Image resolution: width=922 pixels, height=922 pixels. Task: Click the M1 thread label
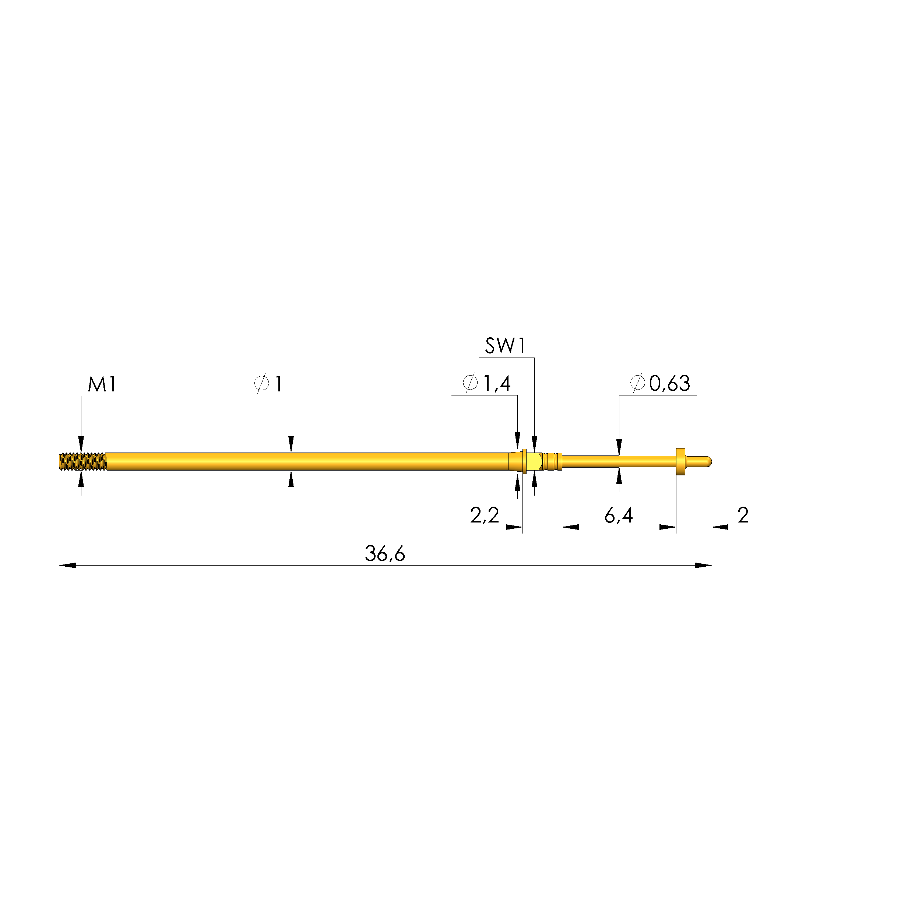(102, 385)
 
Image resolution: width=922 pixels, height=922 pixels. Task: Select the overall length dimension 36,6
(385, 553)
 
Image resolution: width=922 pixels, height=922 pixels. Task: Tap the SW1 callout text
(506, 346)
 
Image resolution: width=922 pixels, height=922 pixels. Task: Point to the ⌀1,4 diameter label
(487, 383)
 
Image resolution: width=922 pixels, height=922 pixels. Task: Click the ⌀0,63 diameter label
(660, 383)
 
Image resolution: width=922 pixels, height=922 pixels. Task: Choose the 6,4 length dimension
(619, 515)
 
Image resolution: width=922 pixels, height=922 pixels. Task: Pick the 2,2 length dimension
(485, 515)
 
